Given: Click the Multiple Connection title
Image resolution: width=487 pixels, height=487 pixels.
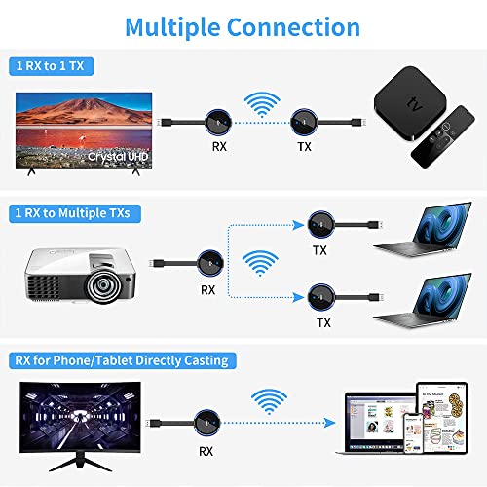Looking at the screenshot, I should point(243,27).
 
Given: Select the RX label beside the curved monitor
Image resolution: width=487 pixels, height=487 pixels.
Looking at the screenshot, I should point(206,451).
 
